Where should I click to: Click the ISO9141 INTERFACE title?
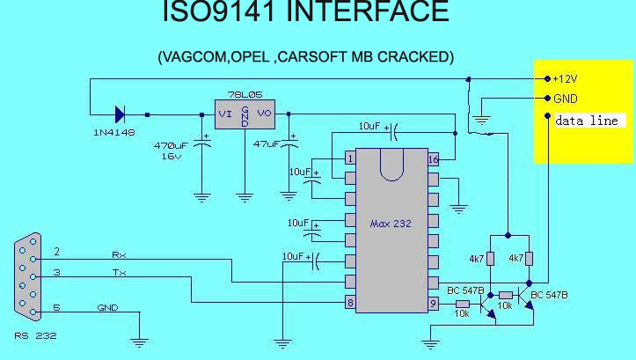pos(306,12)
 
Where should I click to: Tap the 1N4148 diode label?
pos(114,131)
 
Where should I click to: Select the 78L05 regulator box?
pos(245,113)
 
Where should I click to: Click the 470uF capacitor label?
pos(172,144)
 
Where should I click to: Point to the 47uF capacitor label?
pos(267,143)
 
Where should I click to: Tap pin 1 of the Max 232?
pos(350,158)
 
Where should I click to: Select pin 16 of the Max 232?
pos(433,159)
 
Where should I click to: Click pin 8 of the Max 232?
pos(350,304)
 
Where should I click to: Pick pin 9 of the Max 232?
pos(433,304)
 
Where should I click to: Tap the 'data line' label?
pos(587,121)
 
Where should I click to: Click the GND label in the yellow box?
pos(565,99)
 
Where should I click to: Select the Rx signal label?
pos(119,254)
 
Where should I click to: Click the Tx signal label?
pos(119,273)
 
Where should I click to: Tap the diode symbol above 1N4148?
pos(120,114)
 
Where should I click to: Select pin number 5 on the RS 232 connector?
pos(57,307)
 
